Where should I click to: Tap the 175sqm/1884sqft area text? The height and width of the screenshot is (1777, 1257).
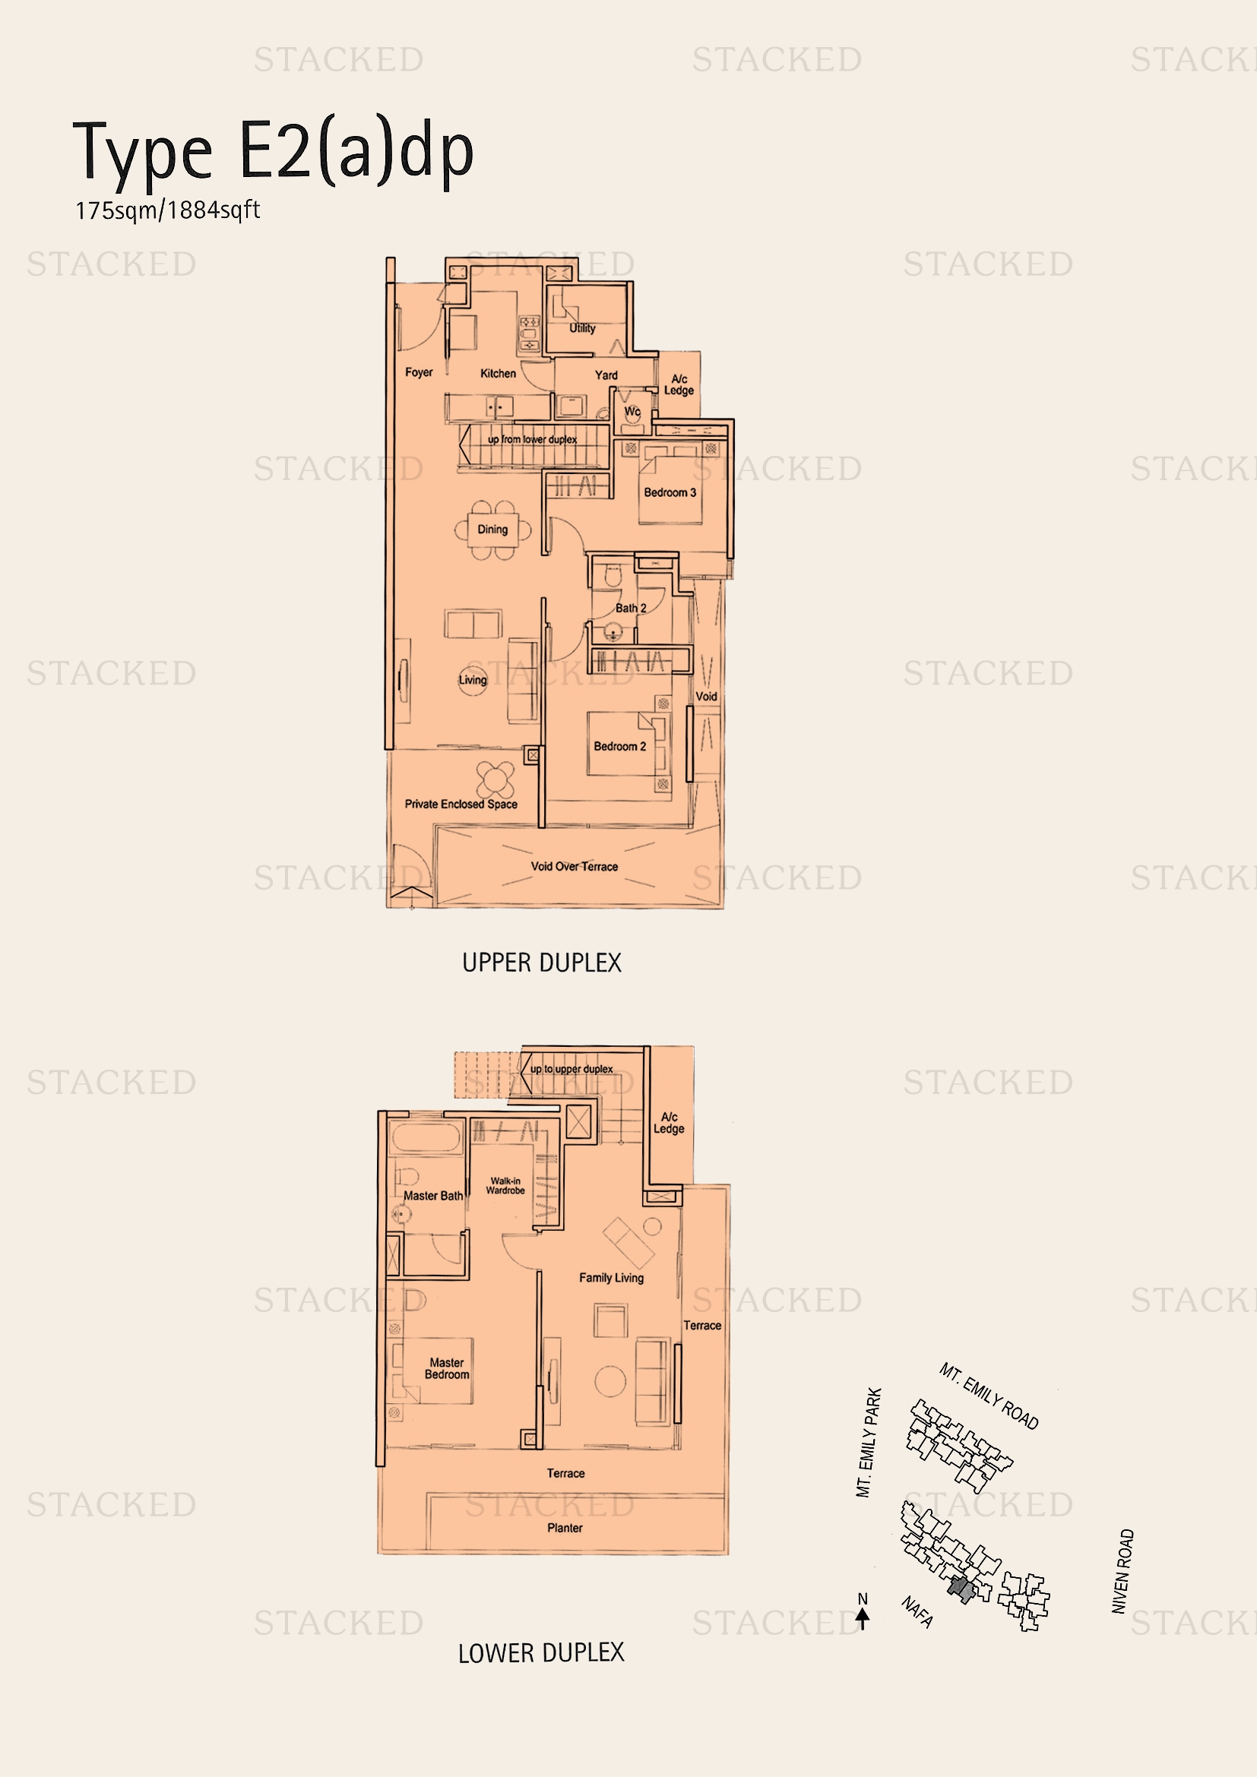tap(167, 210)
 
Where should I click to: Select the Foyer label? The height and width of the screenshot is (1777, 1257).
tap(419, 372)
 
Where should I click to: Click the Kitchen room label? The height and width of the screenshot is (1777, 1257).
tap(498, 373)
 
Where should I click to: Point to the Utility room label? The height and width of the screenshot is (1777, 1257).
tap(582, 328)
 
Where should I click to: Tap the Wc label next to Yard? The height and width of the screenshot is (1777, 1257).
tap(632, 412)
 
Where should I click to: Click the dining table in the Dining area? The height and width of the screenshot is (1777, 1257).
tap(493, 530)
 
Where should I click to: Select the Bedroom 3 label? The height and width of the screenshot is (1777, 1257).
tap(670, 492)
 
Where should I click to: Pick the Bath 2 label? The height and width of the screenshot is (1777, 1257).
tap(630, 609)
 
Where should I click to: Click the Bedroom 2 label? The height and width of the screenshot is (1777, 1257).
tap(619, 746)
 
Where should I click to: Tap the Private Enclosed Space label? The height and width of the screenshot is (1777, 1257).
tap(461, 804)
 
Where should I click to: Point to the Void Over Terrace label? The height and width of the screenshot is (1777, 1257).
tap(574, 867)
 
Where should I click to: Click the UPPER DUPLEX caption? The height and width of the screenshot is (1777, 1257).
tap(541, 963)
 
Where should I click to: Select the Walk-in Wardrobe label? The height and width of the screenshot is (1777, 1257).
tap(505, 1186)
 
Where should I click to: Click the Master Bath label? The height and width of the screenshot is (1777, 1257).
tap(432, 1196)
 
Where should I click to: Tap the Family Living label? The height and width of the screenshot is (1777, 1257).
tap(611, 1278)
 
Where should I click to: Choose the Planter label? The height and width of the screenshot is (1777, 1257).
tap(564, 1528)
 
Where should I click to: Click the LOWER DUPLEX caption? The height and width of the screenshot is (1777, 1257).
tap(540, 1653)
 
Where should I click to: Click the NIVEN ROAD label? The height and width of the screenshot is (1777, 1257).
tap(1122, 1571)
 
